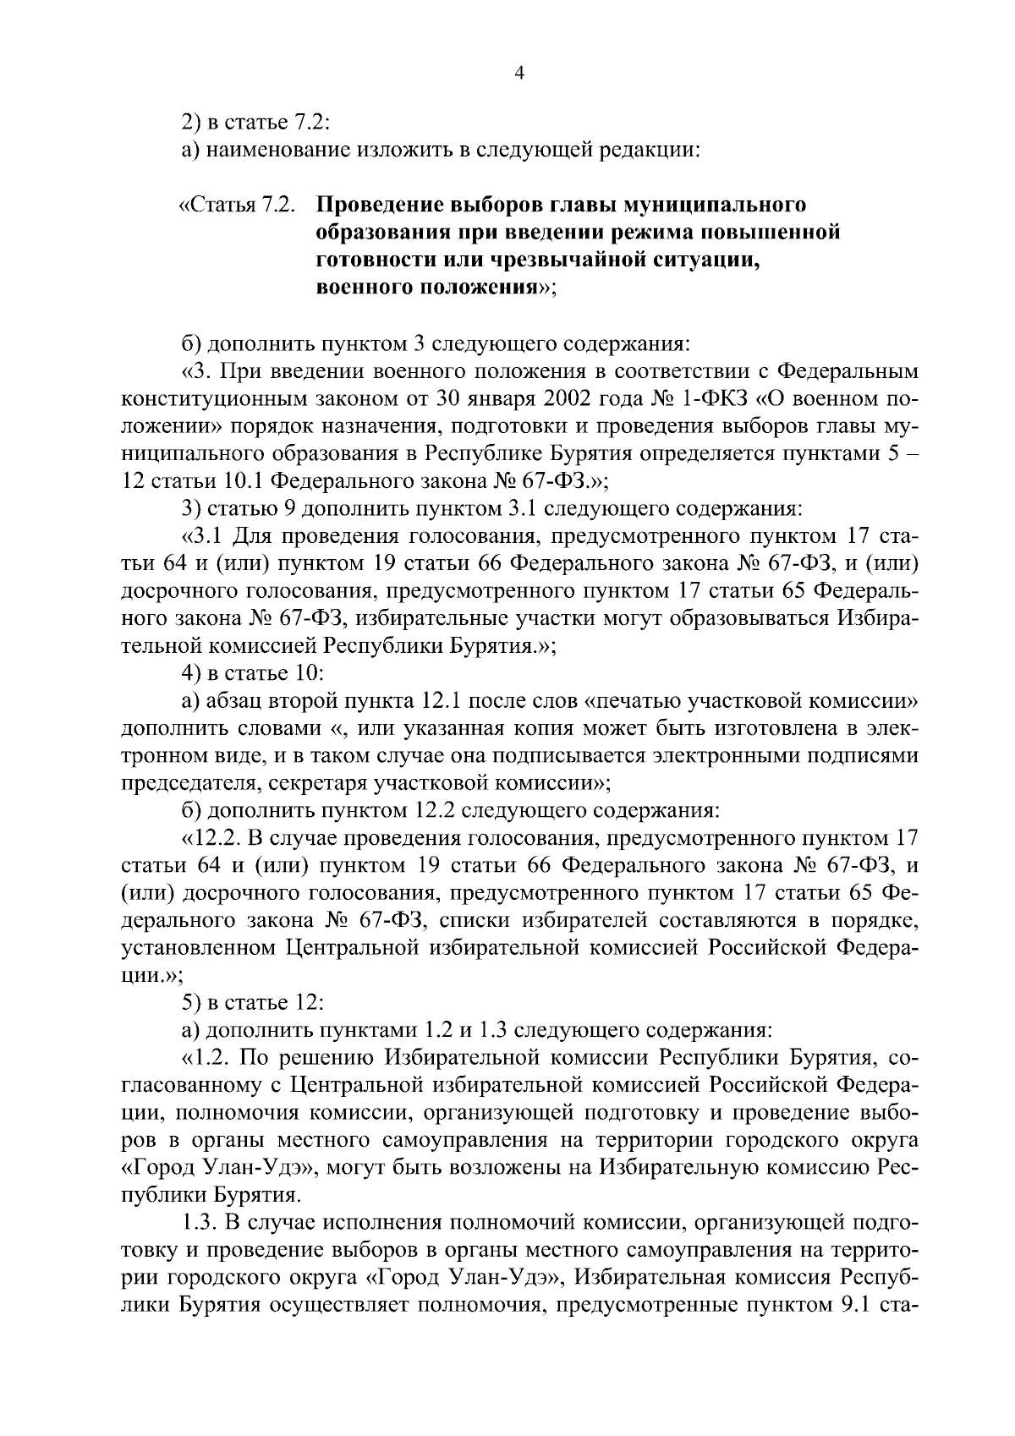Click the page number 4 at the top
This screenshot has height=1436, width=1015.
(x=520, y=74)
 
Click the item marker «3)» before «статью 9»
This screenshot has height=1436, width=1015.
(x=192, y=508)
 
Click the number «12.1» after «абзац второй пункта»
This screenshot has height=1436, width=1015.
(x=438, y=702)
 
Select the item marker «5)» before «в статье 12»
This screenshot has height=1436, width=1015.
(x=192, y=1003)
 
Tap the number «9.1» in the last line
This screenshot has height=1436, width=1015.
(x=855, y=1306)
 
